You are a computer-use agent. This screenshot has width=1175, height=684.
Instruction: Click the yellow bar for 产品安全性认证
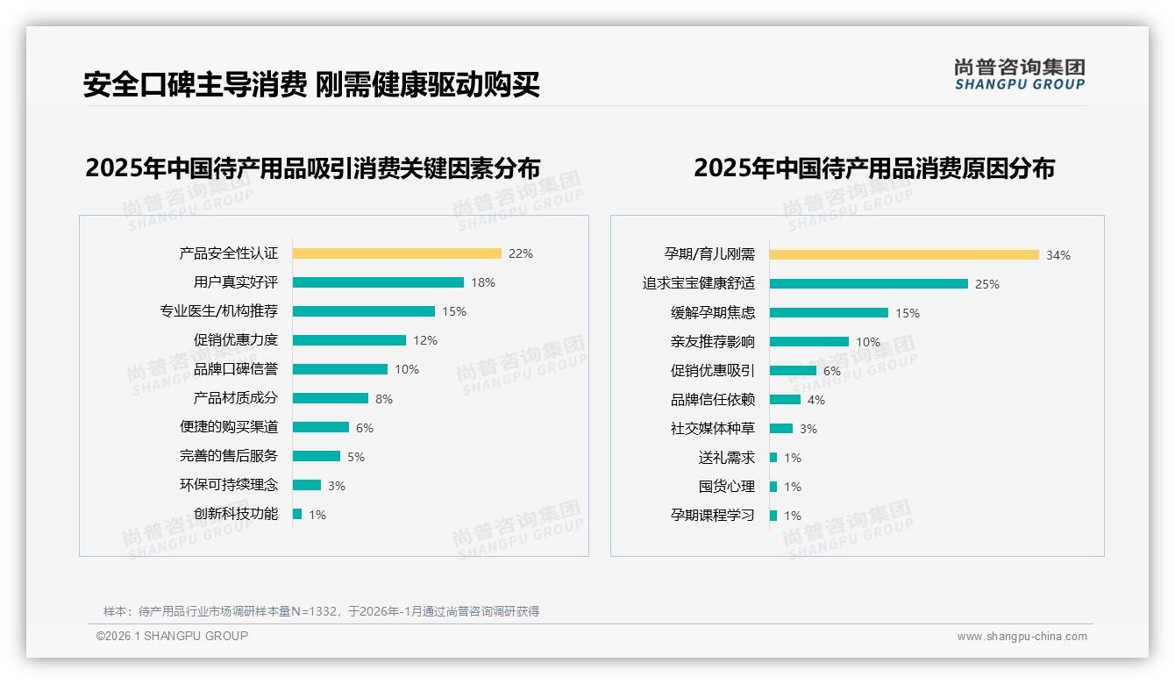pyautogui.click(x=396, y=253)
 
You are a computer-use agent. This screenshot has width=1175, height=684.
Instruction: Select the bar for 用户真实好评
pyautogui.click(x=378, y=282)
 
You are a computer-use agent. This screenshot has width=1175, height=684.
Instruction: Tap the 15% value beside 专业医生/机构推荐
pyautogui.click(x=454, y=311)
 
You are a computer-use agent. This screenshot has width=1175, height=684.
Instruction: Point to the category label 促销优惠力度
pyautogui.click(x=236, y=340)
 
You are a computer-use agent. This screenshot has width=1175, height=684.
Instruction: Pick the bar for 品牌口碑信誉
pyautogui.click(x=340, y=369)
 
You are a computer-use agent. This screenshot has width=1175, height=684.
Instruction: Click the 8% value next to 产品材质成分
pyautogui.click(x=384, y=399)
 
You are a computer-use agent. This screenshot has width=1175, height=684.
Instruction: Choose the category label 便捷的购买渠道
pyautogui.click(x=229, y=427)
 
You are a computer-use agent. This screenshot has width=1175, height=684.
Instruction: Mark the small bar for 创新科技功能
pyautogui.click(x=297, y=514)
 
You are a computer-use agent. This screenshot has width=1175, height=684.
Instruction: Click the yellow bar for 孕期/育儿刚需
pyautogui.click(x=904, y=255)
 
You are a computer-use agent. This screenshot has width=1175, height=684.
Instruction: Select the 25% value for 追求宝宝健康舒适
pyautogui.click(x=987, y=284)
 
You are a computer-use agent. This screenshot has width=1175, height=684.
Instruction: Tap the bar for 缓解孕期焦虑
pyautogui.click(x=829, y=313)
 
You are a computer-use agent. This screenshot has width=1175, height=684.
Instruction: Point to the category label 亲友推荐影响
pyautogui.click(x=713, y=342)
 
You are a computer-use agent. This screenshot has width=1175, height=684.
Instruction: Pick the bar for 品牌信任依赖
pyautogui.click(x=785, y=400)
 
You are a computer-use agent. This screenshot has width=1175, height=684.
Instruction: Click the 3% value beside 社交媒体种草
pyautogui.click(x=808, y=429)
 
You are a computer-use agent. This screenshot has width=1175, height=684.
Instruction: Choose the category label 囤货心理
pyautogui.click(x=727, y=487)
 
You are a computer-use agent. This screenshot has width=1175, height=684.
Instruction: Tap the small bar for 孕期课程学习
pyautogui.click(x=773, y=516)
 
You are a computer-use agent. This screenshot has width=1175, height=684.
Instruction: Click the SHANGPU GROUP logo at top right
pyautogui.click(x=1020, y=75)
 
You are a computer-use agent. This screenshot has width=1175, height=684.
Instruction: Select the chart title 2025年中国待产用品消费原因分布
pyautogui.click(x=874, y=167)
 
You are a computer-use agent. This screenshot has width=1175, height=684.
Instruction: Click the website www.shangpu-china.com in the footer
pyautogui.click(x=1022, y=637)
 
